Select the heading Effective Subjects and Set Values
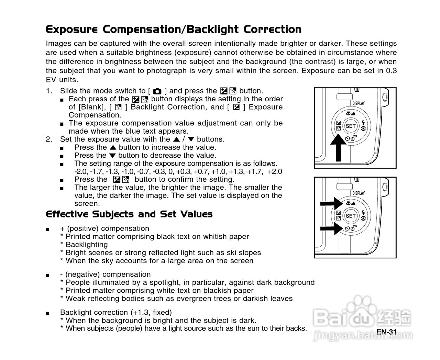click(x=129, y=214)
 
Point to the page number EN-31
click(x=387, y=332)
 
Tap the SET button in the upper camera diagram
click(x=350, y=126)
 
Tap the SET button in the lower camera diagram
click(x=350, y=216)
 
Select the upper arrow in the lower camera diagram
click(x=330, y=203)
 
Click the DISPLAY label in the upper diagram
click(x=359, y=103)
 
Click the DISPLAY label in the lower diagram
click(x=359, y=193)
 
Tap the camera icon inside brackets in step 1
click(x=157, y=91)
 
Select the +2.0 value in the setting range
click(x=275, y=172)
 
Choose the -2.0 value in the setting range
click(x=80, y=172)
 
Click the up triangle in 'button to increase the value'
click(x=113, y=148)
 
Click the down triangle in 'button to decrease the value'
click(x=112, y=156)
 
